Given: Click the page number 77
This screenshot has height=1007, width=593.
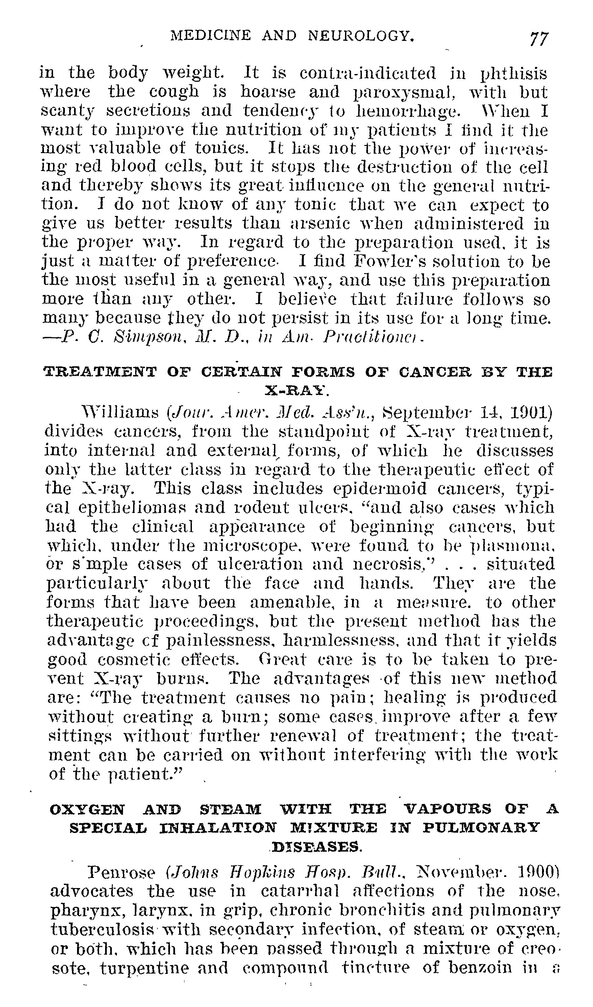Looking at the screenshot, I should (539, 39).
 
